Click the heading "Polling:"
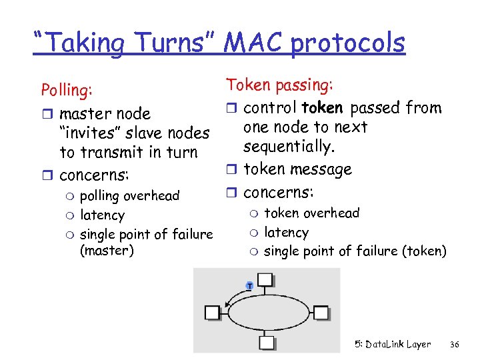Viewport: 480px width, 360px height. (67, 89)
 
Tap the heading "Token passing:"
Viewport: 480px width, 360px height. (280, 85)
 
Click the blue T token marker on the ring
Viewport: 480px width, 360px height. (249, 285)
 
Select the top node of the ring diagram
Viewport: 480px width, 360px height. (267, 280)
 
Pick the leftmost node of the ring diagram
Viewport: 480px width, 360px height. (213, 312)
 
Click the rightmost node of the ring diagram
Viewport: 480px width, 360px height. (321, 312)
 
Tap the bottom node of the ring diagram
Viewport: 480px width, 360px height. (267, 343)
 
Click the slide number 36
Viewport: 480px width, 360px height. (455, 345)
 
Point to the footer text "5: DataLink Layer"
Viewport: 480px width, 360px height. (393, 345)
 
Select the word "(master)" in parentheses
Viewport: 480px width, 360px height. (107, 251)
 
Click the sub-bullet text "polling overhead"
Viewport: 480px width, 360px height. (129, 195)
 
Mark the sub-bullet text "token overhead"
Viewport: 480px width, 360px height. (311, 213)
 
